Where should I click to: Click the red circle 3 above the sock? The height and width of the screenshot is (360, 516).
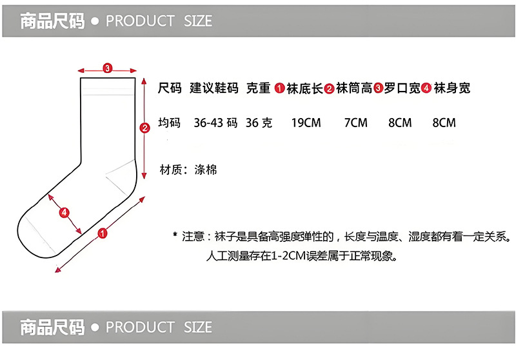(x=108, y=67)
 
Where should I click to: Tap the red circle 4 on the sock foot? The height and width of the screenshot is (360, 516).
(x=64, y=212)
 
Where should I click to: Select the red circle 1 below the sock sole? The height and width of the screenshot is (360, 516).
(x=102, y=234)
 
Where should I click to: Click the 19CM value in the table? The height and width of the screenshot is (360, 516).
(x=306, y=123)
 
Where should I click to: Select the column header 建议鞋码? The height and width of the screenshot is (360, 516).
(x=214, y=88)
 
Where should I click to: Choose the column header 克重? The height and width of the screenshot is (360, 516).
(x=259, y=88)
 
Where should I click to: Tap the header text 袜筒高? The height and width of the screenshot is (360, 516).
(x=353, y=88)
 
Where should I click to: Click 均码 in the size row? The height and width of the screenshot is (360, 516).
(x=170, y=123)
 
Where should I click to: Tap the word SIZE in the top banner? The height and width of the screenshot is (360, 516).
(x=197, y=21)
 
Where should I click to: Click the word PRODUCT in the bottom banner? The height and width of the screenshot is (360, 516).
(x=140, y=327)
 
